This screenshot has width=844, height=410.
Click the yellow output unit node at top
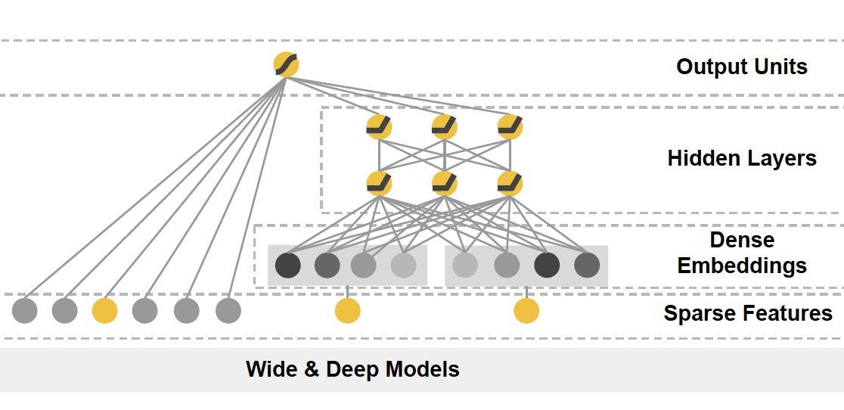[286, 64]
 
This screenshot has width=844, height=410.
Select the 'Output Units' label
[741, 67]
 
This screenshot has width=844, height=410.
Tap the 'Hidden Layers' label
[741, 158]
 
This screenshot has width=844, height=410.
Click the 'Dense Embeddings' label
[741, 253]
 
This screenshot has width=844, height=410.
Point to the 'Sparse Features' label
[747, 313]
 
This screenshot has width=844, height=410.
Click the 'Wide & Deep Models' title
[352, 369]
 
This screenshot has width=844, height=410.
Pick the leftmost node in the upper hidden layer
[379, 126]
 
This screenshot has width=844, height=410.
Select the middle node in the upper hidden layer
[444, 126]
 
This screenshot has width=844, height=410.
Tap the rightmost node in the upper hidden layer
[510, 126]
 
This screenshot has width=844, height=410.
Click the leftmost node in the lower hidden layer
[379, 183]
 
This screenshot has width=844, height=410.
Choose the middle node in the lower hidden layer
[444, 183]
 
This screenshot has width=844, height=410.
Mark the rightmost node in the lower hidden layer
[510, 183]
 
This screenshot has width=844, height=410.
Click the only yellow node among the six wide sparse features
[104, 310]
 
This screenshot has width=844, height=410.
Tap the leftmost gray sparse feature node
[24, 310]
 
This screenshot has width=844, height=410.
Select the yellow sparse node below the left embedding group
[347, 310]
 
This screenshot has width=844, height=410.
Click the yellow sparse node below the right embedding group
[526, 310]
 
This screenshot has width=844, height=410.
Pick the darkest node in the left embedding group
[287, 266]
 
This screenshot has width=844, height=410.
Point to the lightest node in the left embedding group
[403, 266]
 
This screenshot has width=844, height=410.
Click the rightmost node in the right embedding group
[587, 266]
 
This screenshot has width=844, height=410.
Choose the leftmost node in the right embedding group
[464, 266]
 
